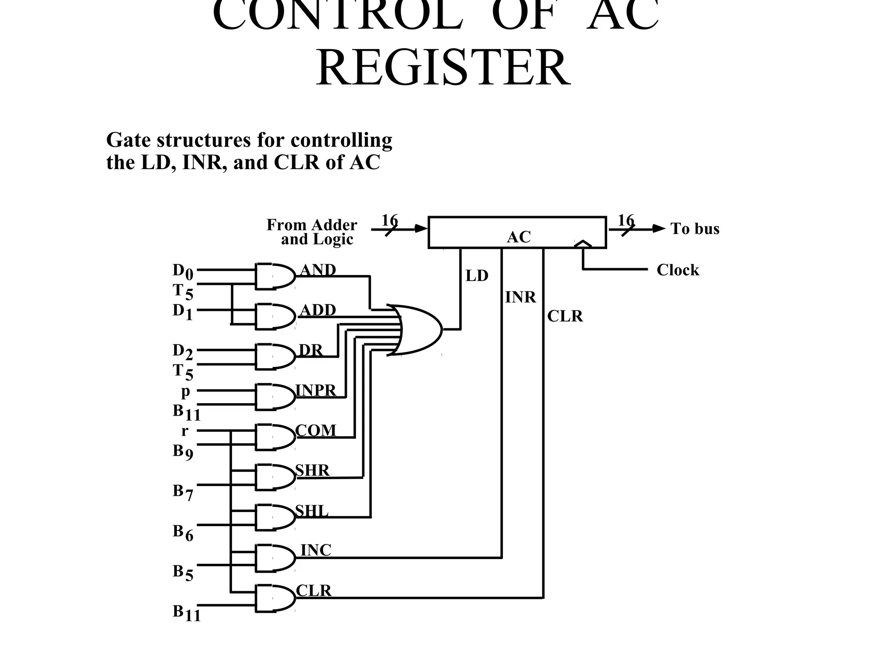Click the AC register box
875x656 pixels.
pos(517,232)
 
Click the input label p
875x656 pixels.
pos(185,391)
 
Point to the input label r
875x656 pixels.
pos(185,430)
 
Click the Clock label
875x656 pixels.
pos(678,270)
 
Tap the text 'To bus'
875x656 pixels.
pos(695,228)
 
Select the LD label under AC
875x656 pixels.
pos(476,276)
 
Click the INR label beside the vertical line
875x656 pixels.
pos(520,297)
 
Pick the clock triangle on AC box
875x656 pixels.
pos(583,244)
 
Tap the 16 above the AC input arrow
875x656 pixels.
pos(389,220)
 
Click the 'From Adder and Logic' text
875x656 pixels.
pos(312,232)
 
